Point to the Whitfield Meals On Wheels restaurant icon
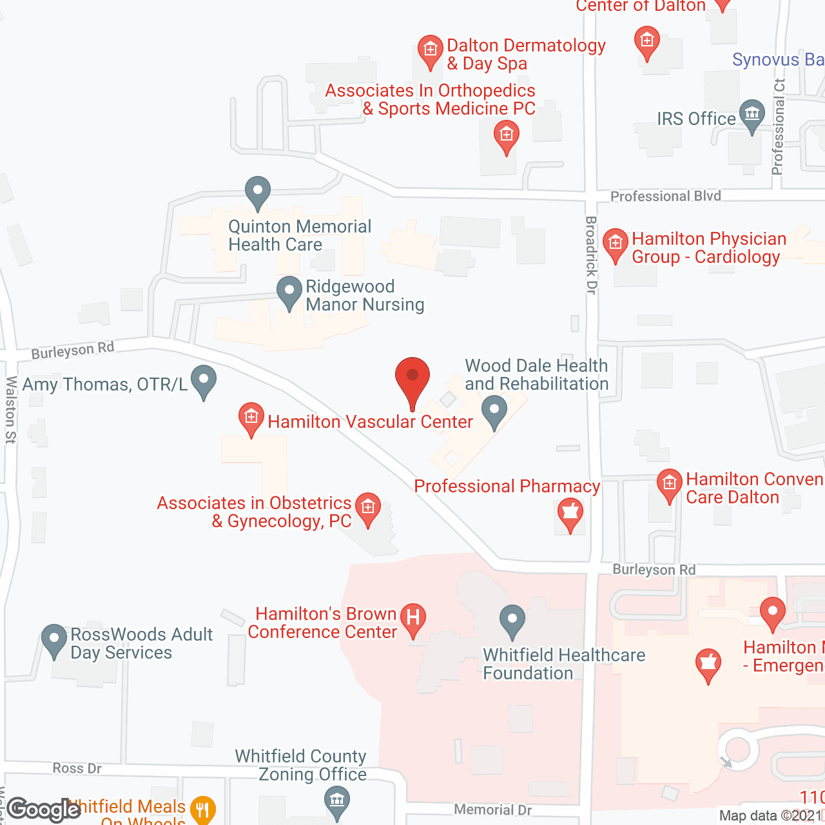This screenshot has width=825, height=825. tap(203, 809)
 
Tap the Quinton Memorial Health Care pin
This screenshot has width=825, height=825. tap(258, 192)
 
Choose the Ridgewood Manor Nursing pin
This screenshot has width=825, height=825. tap(289, 292)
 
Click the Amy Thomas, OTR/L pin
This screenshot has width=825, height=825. tap(204, 381)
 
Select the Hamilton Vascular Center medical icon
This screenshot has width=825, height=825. tap(251, 418)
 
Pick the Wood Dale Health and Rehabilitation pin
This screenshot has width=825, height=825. tap(494, 411)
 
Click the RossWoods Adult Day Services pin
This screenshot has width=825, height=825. tap(54, 640)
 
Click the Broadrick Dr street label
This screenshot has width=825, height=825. tap(591, 255)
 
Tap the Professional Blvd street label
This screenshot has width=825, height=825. tap(665, 196)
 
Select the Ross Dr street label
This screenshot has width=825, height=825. tap(77, 768)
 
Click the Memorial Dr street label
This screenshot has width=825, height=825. tap(492, 810)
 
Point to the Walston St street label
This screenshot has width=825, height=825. tap(11, 410)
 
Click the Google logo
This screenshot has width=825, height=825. tap(44, 810)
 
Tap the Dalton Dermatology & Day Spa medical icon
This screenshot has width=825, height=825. tap(429, 50)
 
